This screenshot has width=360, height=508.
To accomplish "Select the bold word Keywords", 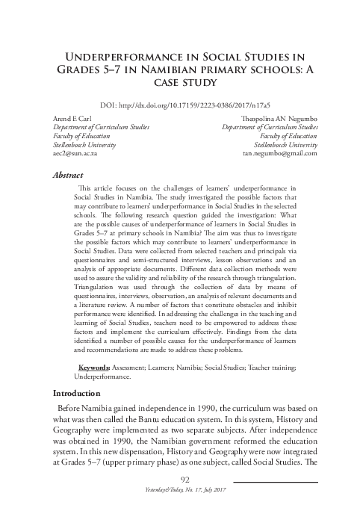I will tap(94, 368).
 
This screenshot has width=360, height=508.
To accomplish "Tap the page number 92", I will tap(179, 477).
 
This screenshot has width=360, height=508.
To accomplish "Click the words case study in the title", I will tap(180, 87).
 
